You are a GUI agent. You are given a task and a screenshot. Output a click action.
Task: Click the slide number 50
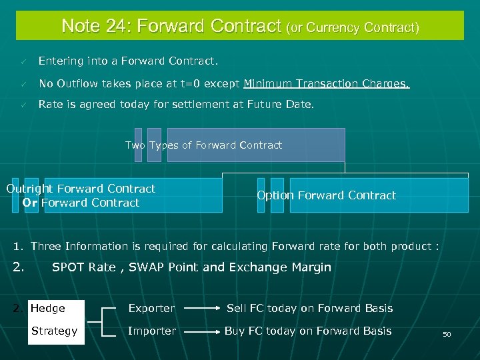[447, 334]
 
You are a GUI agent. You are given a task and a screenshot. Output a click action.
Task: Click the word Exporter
[151, 309]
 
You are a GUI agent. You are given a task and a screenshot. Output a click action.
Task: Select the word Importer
[152, 331]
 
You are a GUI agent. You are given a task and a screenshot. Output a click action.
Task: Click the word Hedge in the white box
[48, 309]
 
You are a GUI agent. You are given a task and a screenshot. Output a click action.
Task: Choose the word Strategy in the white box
[54, 331]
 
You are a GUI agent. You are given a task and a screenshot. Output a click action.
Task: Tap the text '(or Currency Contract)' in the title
[353, 28]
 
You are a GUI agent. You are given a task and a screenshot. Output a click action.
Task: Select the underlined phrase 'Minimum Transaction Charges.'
[327, 84]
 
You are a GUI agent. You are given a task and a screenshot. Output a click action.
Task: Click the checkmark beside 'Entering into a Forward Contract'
[23, 61]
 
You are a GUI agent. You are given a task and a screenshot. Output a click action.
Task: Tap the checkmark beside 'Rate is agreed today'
[23, 105]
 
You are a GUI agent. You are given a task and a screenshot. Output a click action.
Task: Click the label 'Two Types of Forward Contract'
[203, 145]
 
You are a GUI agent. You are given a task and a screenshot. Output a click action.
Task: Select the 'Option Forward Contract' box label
[326, 195]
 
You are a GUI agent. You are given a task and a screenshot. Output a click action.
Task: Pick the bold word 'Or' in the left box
[30, 203]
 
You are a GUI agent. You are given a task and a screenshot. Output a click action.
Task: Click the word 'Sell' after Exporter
[236, 309]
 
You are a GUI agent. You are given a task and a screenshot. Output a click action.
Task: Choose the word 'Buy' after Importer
[235, 331]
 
